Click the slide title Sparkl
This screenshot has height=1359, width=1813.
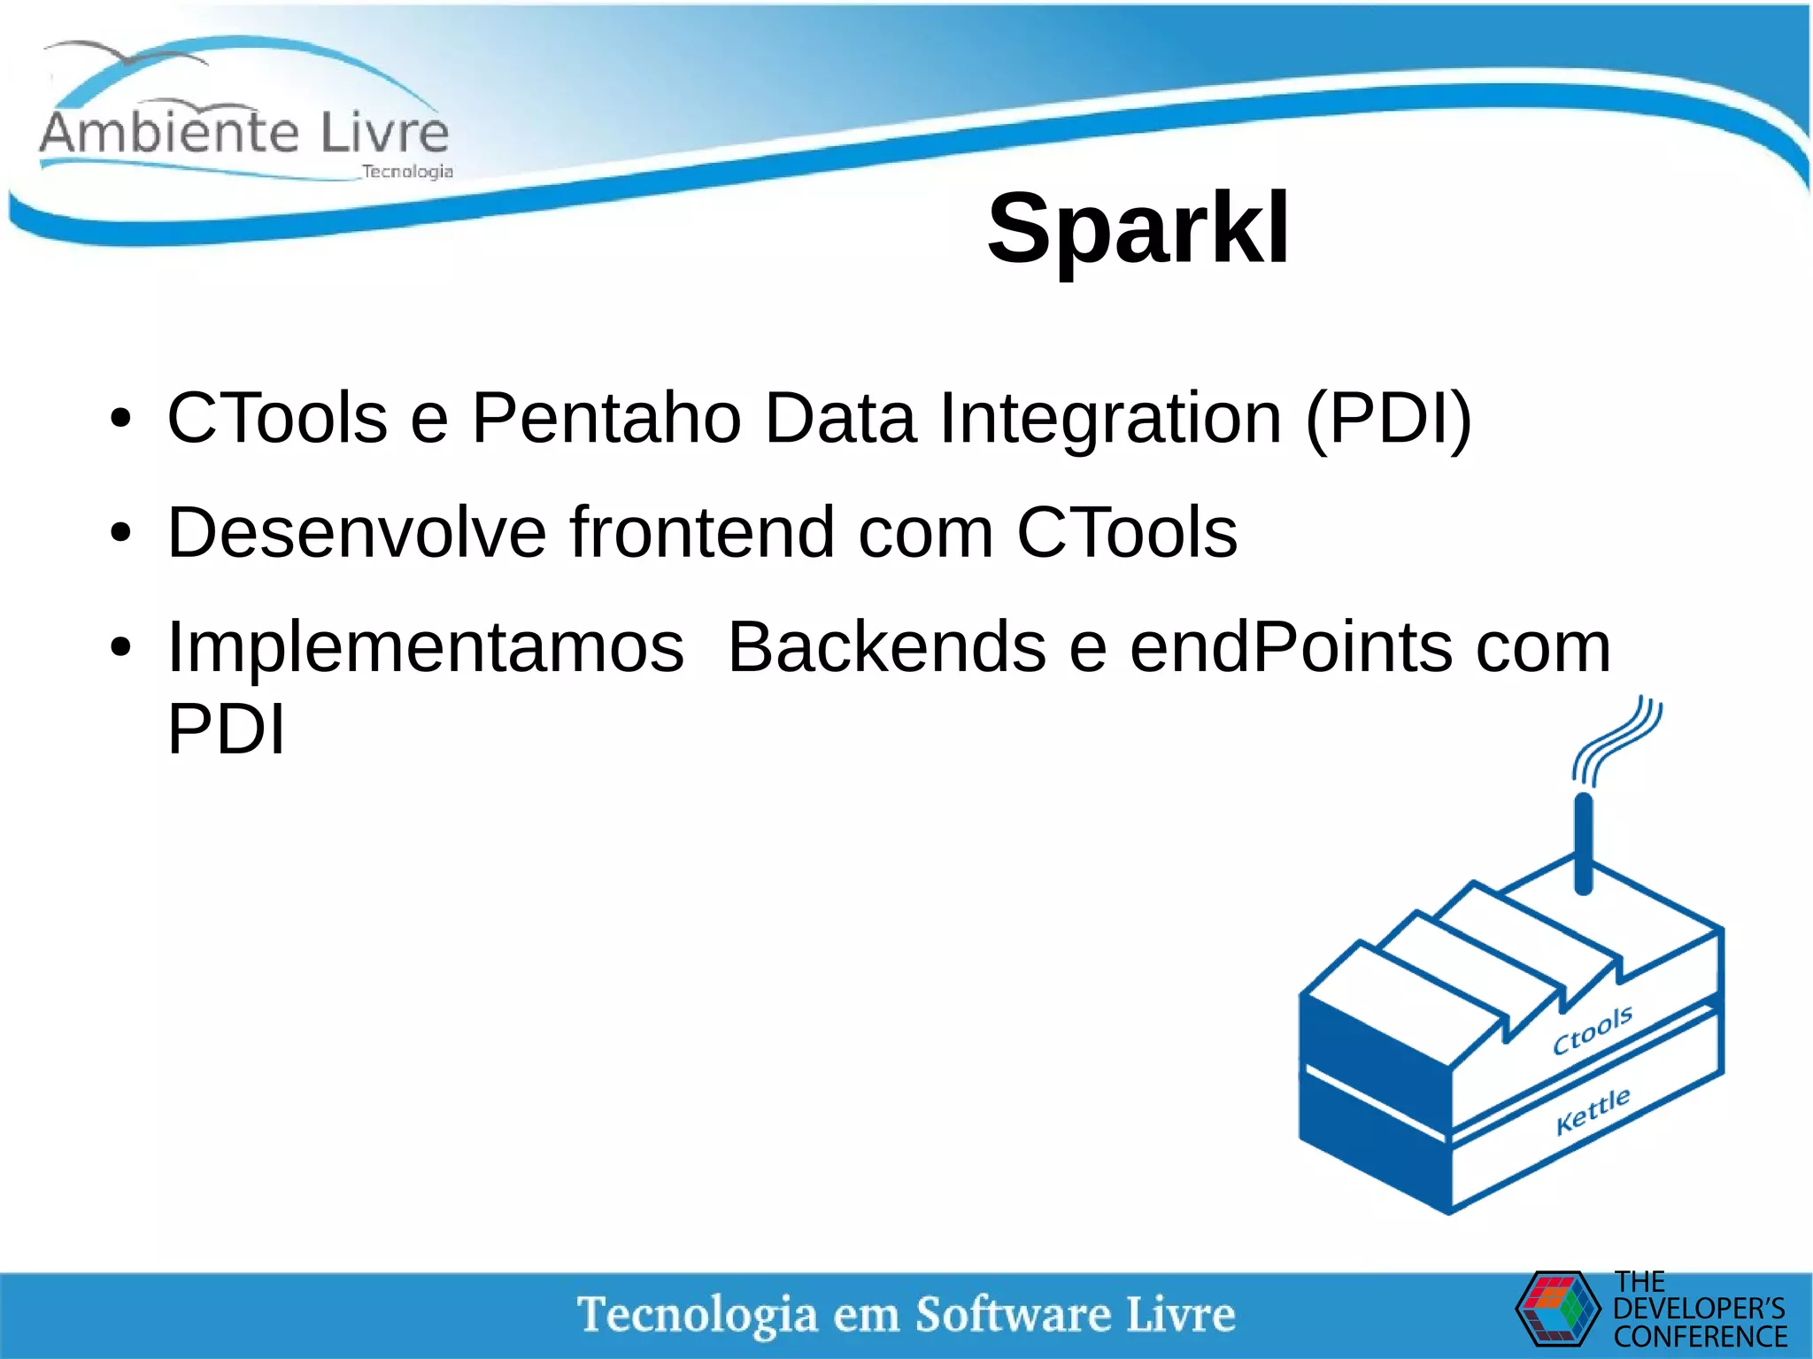pos(1138,228)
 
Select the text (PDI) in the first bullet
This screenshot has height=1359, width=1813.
pos(1388,419)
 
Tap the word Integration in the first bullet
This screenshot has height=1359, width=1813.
pos(1110,419)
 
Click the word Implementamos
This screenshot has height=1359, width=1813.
pos(426,647)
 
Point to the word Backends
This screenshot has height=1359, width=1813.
pos(887,647)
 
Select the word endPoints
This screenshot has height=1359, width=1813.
pos(1291,647)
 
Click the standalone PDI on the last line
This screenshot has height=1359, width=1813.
pos(227,730)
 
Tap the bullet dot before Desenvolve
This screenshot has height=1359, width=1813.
pos(121,534)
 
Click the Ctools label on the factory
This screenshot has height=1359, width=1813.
pos(1593,1031)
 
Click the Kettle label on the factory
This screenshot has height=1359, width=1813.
pos(1593,1110)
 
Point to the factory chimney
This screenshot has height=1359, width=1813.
pos(1585,846)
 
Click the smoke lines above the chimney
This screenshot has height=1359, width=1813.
pos(1618,740)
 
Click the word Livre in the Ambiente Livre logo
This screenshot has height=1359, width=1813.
pos(384,133)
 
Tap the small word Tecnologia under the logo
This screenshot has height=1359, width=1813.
pos(407,172)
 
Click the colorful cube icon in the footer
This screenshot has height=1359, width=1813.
pos(1558,1308)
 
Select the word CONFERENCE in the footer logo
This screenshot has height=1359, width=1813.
pos(1700,1337)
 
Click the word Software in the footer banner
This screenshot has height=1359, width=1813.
pos(1013,1314)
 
